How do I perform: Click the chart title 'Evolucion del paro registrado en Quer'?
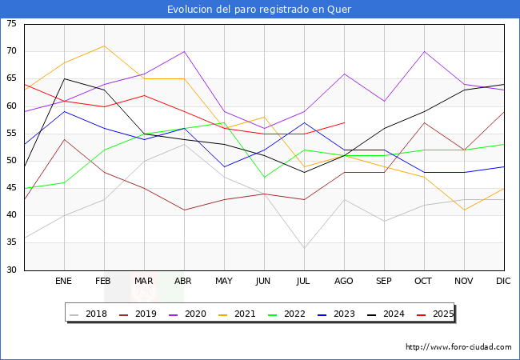click(x=259, y=10)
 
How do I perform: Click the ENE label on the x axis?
click(x=64, y=282)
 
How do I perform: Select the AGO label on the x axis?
click(x=344, y=282)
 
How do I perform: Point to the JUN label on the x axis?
click(x=264, y=282)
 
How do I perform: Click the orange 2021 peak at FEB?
click(x=104, y=46)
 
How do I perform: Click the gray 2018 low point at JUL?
click(x=304, y=248)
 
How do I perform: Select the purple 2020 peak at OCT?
click(x=424, y=51)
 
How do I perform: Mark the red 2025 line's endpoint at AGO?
click(x=344, y=122)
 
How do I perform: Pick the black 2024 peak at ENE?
click(x=64, y=78)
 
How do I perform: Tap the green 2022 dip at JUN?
click(x=264, y=177)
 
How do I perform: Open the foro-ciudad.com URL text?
click(x=458, y=347)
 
